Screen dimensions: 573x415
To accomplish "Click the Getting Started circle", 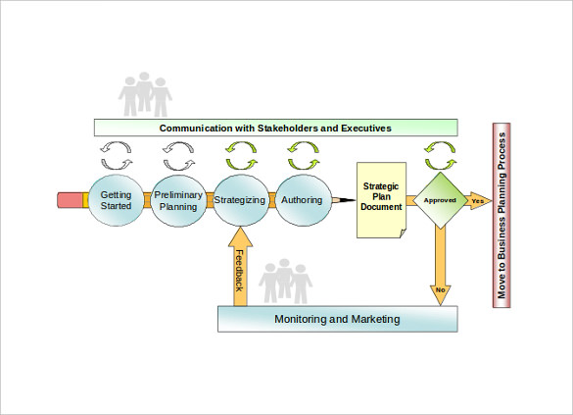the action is point(116,200).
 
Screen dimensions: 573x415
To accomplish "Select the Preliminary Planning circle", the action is point(178,200).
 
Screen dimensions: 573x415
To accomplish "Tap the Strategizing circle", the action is point(240,200).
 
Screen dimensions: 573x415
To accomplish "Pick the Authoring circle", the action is point(303,200).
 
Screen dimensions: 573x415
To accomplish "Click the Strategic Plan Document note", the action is point(381,200).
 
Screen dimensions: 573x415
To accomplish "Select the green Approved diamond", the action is point(441,200).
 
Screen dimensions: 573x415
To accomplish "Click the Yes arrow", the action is point(479,200).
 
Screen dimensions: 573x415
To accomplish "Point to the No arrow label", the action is point(441,289).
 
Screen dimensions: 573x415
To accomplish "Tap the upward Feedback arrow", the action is point(240,266).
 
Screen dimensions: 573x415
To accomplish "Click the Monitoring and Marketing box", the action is point(337,319).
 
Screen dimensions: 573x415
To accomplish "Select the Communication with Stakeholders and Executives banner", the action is point(275,128).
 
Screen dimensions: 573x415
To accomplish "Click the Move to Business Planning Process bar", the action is point(501,216).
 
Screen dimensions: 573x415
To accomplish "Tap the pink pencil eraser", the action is point(70,200).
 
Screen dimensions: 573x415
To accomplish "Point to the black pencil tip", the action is point(349,200).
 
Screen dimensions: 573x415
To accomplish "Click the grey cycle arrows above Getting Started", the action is point(117,156).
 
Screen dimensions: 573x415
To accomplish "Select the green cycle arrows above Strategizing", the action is point(241,156).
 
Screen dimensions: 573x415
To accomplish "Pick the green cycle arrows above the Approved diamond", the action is point(440,156).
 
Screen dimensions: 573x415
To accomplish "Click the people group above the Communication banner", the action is point(145,94).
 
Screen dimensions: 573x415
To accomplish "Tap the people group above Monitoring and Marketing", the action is point(285,281).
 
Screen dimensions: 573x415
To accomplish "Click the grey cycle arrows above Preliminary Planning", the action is point(178,156).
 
